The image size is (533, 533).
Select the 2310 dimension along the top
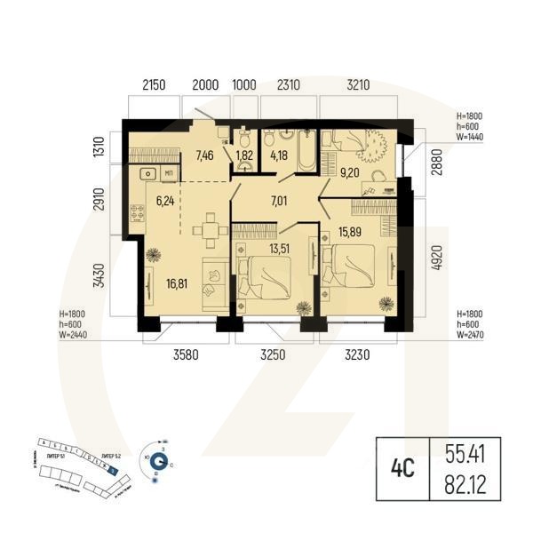tap(290, 86)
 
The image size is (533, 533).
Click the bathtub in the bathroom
tap(304, 152)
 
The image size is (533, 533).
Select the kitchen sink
tap(148, 172)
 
